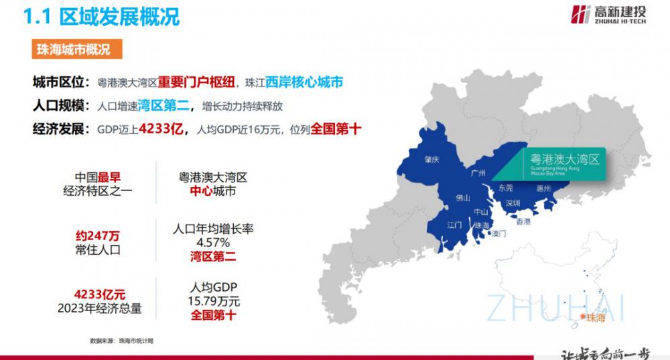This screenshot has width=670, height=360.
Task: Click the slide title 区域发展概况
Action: [120, 16]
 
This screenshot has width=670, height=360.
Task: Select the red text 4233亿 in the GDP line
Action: [161, 129]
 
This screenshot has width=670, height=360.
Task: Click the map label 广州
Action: [478, 173]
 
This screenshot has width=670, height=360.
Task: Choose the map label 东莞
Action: [506, 188]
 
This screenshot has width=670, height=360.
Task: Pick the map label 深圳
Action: [513, 203]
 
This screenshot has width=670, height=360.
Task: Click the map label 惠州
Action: [543, 189]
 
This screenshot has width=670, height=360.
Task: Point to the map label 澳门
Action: [498, 234]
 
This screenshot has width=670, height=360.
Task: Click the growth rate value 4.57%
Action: [213, 242]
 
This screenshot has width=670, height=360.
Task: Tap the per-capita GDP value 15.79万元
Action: [213, 301]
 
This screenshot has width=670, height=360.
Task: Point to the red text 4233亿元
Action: [100, 295]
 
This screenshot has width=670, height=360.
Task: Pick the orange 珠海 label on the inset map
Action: [595, 318]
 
